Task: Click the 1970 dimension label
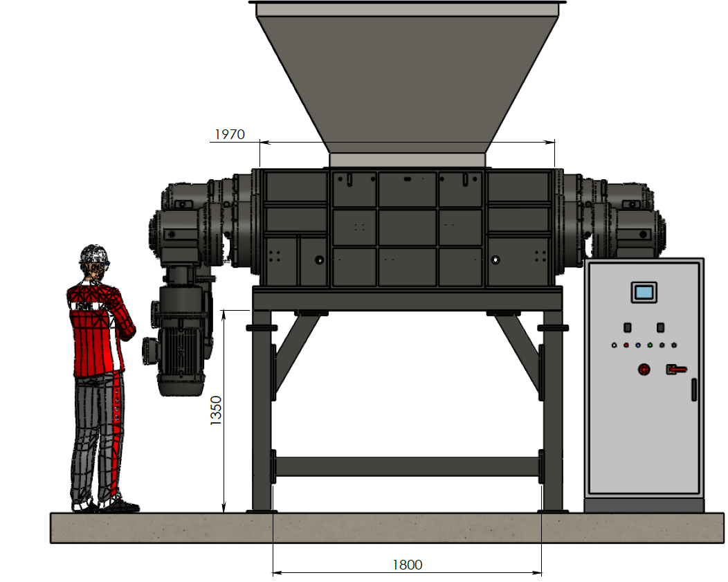(x=230, y=134)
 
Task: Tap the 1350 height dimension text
(x=216, y=410)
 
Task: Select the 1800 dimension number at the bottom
(x=407, y=565)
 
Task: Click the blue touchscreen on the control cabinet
(x=644, y=293)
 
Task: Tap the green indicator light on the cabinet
(x=650, y=345)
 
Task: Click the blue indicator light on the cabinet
(x=638, y=345)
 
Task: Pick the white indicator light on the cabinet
(x=615, y=345)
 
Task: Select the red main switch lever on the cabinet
(x=677, y=370)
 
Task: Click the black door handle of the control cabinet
(x=694, y=390)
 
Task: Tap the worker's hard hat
(x=94, y=255)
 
